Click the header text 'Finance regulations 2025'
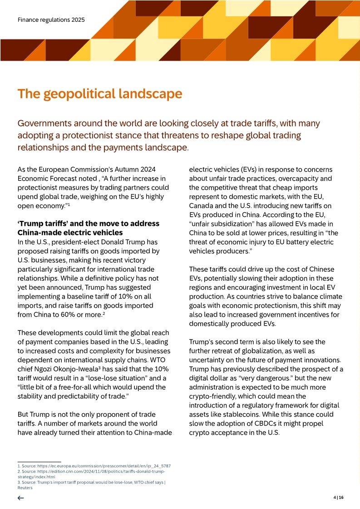point(51,20)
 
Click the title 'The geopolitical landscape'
point(99,94)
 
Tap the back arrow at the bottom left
point(21,498)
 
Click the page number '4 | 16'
point(338,498)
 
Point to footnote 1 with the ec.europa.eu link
point(94,466)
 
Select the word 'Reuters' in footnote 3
point(25,488)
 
